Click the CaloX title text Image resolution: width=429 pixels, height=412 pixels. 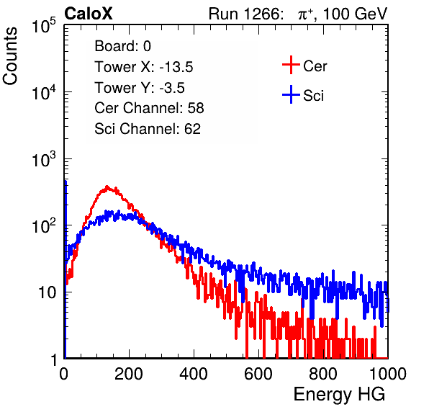89,14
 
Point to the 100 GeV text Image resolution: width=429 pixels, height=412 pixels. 355,14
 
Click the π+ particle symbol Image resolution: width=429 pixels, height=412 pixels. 306,14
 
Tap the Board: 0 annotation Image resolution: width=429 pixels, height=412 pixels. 123,46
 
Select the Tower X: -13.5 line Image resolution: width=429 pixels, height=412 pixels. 144,67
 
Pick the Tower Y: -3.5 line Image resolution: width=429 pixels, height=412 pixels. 140,88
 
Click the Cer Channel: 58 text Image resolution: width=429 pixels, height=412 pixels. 150,108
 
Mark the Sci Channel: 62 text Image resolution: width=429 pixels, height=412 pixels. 148,129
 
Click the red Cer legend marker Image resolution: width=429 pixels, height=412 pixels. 291,65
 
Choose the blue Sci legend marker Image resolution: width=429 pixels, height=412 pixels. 291,95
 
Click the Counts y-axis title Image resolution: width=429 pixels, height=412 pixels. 10,56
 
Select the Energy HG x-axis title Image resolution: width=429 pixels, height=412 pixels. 339,395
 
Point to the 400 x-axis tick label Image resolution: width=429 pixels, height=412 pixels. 194,374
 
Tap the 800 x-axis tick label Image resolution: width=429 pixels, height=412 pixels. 323,374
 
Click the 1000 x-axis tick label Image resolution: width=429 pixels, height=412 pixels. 388,374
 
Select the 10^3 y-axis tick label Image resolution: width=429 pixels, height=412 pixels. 44,158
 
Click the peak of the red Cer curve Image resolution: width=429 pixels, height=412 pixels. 107,187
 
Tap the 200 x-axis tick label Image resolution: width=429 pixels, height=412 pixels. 129,374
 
